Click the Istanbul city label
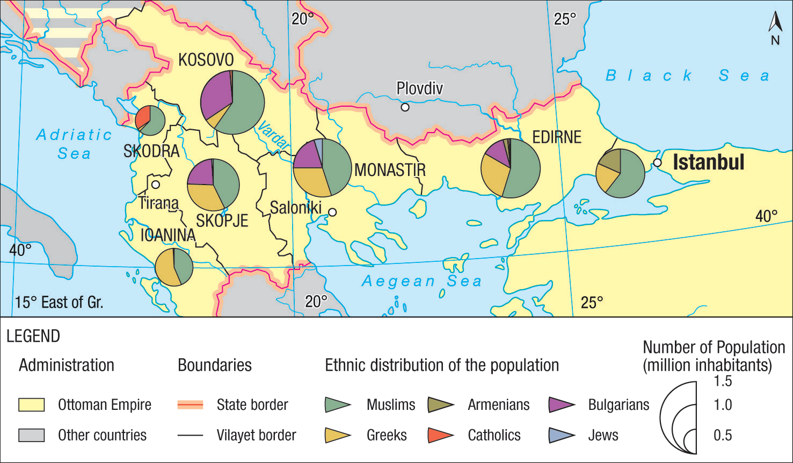tap(708, 162)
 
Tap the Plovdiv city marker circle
tap(405, 107)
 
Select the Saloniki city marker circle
tap(332, 212)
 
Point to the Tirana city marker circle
tap(156, 185)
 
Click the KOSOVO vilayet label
tap(206, 60)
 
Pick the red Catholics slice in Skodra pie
tap(142, 116)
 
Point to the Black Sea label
tap(687, 76)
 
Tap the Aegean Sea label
tap(421, 281)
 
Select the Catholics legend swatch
tap(440, 435)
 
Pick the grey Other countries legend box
tap(31, 435)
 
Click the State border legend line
tap(190, 405)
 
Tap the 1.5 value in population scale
tap(723, 381)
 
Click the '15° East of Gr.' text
tap(59, 303)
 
